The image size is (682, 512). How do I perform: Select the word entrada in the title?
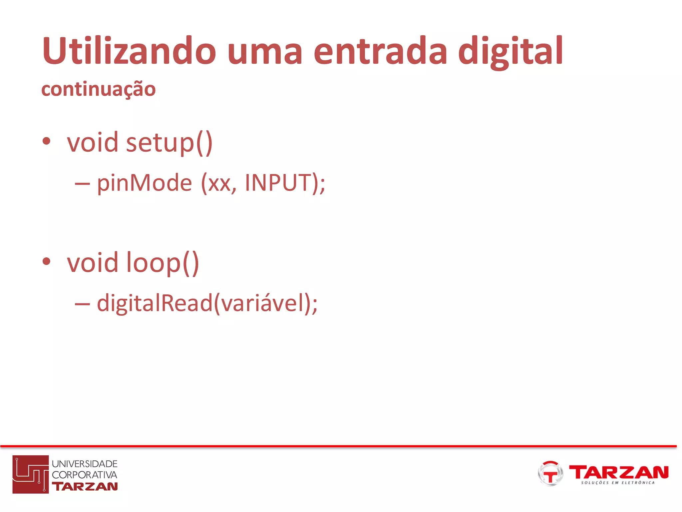380,51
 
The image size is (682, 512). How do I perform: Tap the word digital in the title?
510,51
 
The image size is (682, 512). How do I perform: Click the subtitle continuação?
98,89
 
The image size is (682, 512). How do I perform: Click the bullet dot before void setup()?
46,141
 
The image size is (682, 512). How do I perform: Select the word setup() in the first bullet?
169,143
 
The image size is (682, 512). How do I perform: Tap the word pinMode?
145,183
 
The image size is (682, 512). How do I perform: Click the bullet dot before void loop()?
46,261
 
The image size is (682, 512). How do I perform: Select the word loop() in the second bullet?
163,263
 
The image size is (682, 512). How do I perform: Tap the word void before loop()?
93,262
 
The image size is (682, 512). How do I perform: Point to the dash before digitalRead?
82,304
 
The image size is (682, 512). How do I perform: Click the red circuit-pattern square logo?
31,474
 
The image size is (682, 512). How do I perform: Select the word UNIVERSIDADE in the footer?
85,464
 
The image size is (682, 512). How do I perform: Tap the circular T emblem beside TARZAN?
550,473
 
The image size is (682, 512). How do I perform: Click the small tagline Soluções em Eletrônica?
618,482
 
